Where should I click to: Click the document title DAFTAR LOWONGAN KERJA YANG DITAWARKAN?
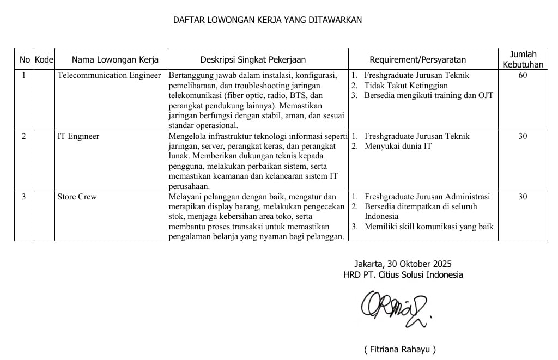pos(267,20)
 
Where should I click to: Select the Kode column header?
pos(44,59)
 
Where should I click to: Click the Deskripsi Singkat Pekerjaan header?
pos(253,59)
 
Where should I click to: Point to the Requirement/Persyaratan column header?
pos(418,59)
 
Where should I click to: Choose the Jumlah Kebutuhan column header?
pos(523,59)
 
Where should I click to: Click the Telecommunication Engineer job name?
pos(109,75)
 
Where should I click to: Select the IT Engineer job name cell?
pos(78,136)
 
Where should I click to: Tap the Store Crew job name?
pos(77,197)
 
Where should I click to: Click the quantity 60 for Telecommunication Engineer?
pos(523,75)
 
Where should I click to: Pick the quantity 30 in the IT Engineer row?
pos(523,136)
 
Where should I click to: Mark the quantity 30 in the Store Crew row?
pos(523,197)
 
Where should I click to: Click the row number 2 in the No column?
pos(23,136)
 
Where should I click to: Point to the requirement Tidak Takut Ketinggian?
pos(406,86)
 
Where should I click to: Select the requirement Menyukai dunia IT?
pos(398,146)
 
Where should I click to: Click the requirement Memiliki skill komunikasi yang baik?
pos(429,227)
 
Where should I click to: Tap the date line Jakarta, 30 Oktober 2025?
pos(403,264)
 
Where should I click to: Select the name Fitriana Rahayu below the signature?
pos(400,349)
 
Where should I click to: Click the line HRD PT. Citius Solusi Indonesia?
pos(403,274)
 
